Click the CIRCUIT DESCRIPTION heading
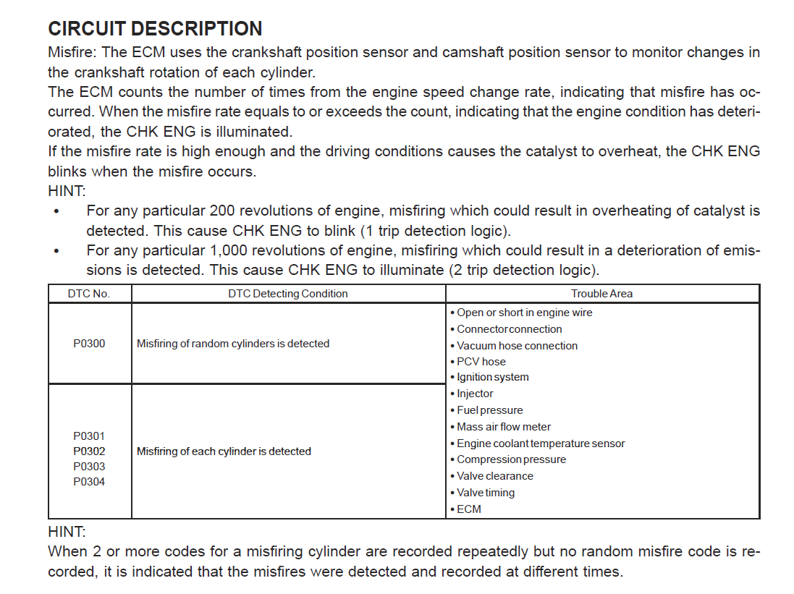155,29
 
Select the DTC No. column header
89,294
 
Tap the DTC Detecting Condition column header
287,294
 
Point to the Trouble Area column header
601,294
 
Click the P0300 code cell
89,344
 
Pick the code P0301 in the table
89,436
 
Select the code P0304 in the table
89,482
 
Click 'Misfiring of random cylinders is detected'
233,344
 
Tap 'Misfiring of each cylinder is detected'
224,451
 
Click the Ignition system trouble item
492,377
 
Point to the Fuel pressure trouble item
489,410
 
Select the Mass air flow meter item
503,427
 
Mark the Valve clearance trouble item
494,476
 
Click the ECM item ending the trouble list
468,509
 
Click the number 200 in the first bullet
221,211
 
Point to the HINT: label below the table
67,532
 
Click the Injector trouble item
475,394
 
